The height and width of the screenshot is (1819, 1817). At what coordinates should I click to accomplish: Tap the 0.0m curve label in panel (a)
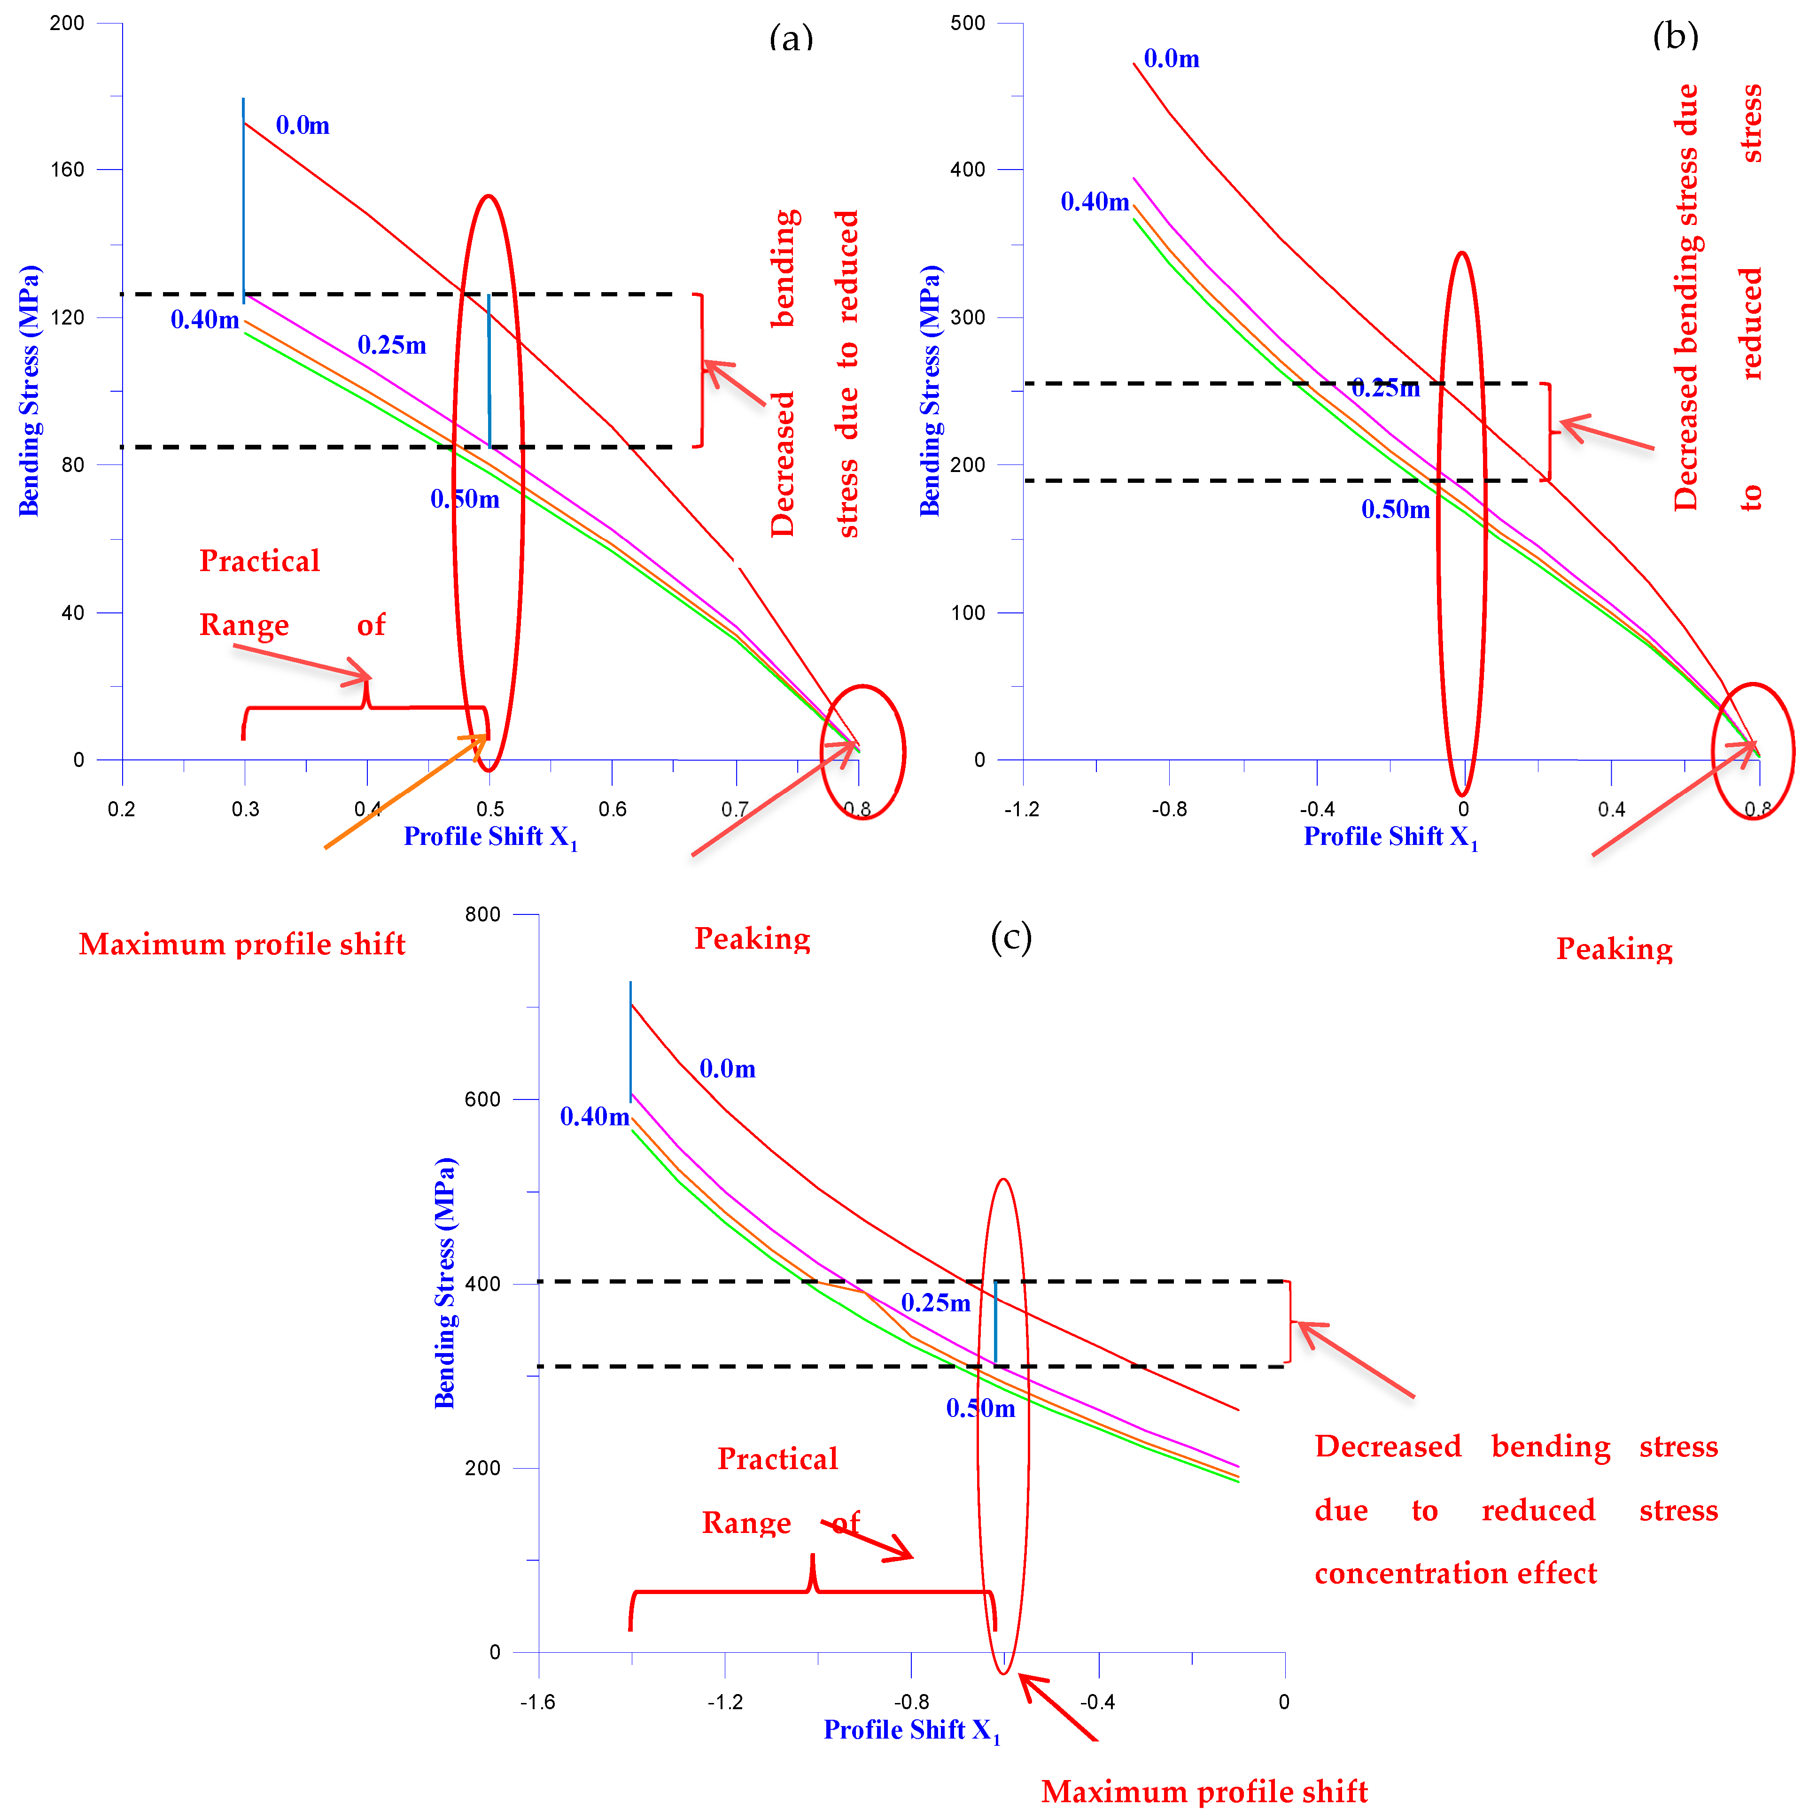point(302,125)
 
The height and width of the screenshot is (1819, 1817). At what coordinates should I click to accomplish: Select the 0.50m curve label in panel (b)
point(1395,510)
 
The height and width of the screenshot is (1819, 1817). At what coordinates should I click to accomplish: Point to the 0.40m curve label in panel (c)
point(594,1117)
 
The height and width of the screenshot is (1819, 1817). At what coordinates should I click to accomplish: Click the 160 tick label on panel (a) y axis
point(67,170)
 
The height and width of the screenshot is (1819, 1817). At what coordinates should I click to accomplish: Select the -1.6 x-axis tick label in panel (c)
point(537,1702)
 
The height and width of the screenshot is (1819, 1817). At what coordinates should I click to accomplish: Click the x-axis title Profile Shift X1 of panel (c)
point(911,1731)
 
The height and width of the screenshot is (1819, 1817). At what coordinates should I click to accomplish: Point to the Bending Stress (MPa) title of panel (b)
point(930,391)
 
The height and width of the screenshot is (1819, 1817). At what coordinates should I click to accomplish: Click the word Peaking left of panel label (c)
point(752,939)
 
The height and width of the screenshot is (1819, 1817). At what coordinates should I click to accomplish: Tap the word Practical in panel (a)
point(260,561)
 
